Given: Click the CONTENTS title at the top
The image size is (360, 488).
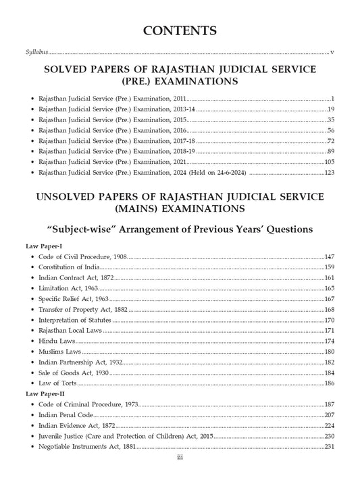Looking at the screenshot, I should [180, 31].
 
